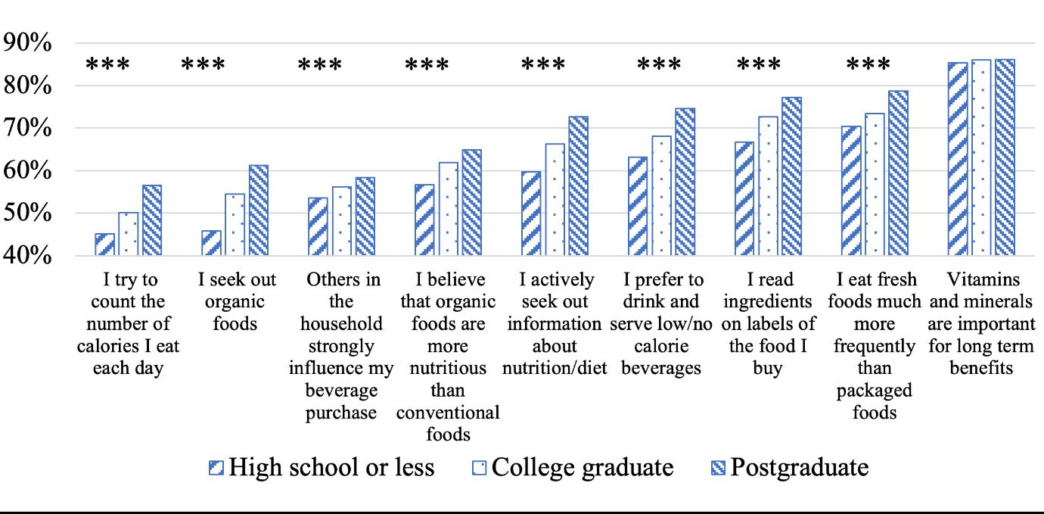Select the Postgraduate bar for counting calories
[x=152, y=220]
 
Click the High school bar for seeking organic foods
[x=211, y=243]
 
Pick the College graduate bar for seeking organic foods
[x=235, y=225]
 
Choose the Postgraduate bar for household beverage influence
[x=365, y=217]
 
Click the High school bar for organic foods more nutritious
[x=424, y=220]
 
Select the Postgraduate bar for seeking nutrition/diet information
[x=579, y=186]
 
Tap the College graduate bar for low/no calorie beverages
[x=661, y=196]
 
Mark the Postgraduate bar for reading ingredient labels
[x=792, y=176]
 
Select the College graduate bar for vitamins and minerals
[x=982, y=157]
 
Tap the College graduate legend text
[x=582, y=467]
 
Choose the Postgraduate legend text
[x=799, y=467]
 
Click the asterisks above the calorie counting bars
[x=107, y=66]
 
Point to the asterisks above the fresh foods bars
[x=868, y=66]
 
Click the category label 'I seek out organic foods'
[x=237, y=301]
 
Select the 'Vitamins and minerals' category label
[x=981, y=324]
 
